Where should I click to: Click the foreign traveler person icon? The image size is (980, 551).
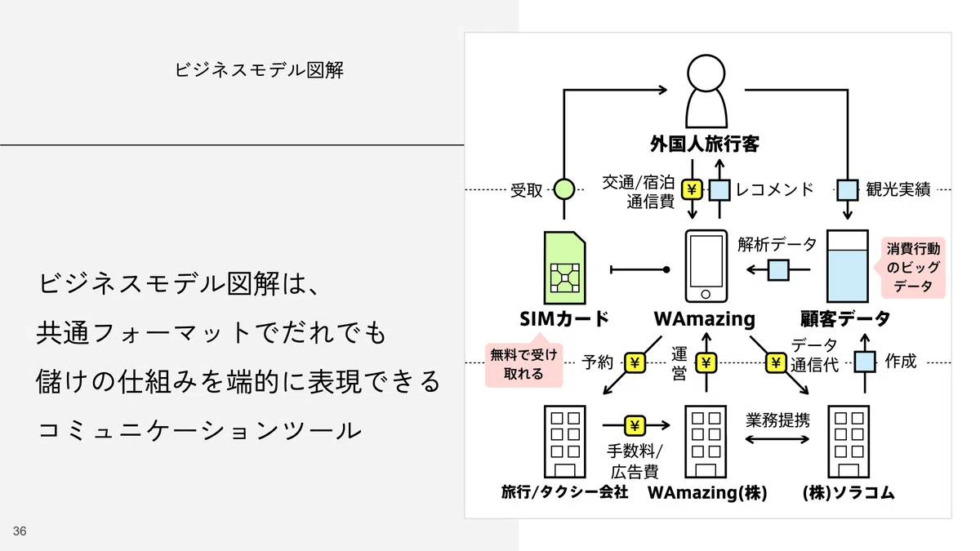(x=706, y=91)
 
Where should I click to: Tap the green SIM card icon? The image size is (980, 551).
(x=564, y=268)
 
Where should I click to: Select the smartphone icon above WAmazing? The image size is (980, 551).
(x=706, y=266)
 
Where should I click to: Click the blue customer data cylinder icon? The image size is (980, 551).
(x=848, y=266)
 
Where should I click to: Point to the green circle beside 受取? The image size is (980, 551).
(x=564, y=189)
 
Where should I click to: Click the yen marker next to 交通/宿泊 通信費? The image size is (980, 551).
(x=692, y=189)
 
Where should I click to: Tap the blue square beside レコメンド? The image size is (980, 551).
(x=719, y=189)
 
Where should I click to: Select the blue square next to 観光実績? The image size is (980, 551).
(x=848, y=189)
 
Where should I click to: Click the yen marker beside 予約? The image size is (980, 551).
(x=635, y=362)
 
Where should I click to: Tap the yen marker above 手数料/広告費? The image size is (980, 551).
(x=635, y=425)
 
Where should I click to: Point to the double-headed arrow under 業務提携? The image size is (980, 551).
(x=777, y=439)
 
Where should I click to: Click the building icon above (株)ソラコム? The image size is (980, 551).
(x=849, y=442)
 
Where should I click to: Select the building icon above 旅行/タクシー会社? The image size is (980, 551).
(x=564, y=442)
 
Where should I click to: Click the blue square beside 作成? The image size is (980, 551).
(x=865, y=362)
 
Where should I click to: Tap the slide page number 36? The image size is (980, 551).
(x=20, y=531)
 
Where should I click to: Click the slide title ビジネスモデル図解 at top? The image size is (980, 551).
(x=259, y=70)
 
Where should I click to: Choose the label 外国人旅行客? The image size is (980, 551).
(x=705, y=144)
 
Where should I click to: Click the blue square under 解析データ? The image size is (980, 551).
(x=779, y=270)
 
